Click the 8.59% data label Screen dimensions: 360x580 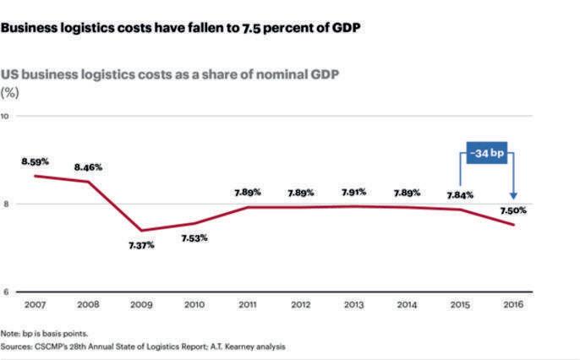[x=35, y=160]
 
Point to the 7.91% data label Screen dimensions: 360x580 [x=354, y=192]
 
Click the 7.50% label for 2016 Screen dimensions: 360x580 [x=513, y=208]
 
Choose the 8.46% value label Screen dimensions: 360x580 [x=88, y=166]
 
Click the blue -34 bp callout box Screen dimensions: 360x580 [x=486, y=155]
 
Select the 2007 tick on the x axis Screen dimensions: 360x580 [x=35, y=303]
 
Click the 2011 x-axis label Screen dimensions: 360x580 [x=248, y=303]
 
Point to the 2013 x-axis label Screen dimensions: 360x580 [x=354, y=303]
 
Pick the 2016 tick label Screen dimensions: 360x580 [x=513, y=303]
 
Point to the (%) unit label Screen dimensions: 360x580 [x=12, y=91]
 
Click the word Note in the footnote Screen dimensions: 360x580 [x=11, y=333]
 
